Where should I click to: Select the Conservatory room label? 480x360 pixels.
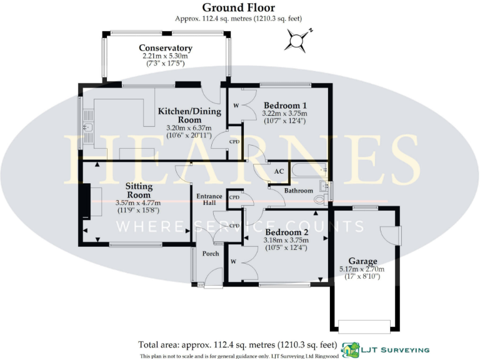165,48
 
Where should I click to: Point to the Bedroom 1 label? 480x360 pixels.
285,105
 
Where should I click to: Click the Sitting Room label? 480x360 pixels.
138,191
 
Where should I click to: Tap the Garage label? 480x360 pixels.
362,261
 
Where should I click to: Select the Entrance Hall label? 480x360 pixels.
209,200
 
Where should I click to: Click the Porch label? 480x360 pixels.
210,254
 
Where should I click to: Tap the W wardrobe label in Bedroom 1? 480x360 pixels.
236,105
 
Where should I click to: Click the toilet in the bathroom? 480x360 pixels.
320,199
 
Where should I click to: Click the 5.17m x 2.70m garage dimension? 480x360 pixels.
362,269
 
